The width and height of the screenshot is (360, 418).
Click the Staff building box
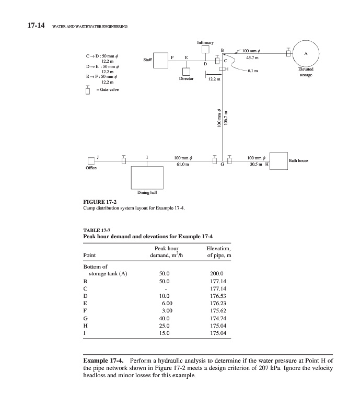[x=157, y=61]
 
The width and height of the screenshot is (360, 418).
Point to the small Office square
[x=92, y=160]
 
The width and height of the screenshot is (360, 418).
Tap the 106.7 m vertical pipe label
[x=226, y=118]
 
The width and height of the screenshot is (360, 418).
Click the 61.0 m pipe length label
[x=181, y=164]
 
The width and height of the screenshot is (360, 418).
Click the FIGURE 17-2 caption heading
[x=100, y=201]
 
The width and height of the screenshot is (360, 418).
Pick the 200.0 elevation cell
[x=216, y=273]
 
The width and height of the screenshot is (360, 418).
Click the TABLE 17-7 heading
[x=97, y=230]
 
